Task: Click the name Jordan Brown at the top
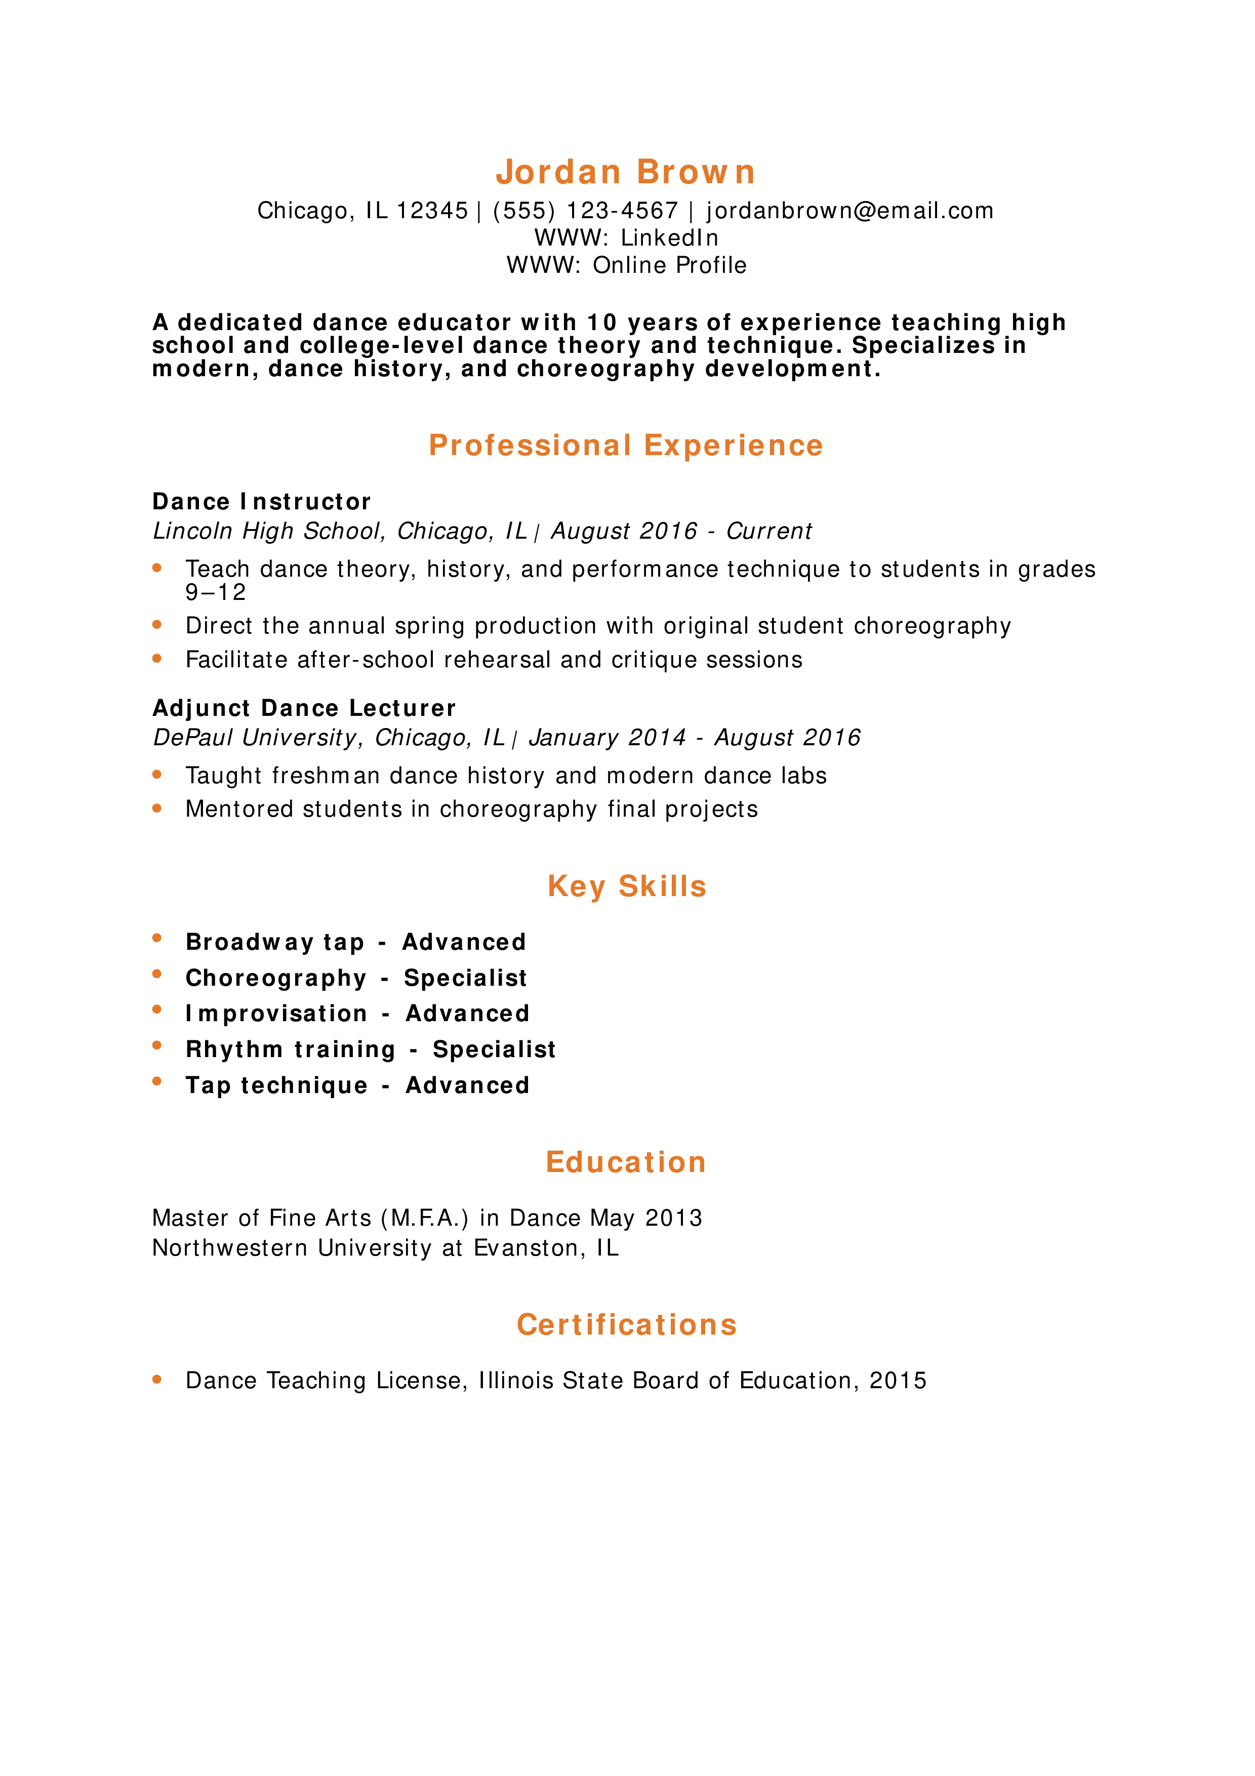[626, 172]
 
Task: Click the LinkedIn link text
[670, 237]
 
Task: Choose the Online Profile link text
[670, 265]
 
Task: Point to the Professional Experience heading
[626, 446]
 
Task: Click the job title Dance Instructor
[261, 502]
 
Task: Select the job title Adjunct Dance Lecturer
[304, 709]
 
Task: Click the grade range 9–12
[216, 592]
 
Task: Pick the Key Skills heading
[626, 886]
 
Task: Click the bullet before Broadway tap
[157, 938]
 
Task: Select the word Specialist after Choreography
[466, 979]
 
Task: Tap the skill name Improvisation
[276, 1014]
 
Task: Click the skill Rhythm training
[291, 1050]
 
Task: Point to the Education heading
[626, 1162]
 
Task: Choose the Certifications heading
[626, 1325]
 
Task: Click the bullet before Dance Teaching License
[157, 1379]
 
